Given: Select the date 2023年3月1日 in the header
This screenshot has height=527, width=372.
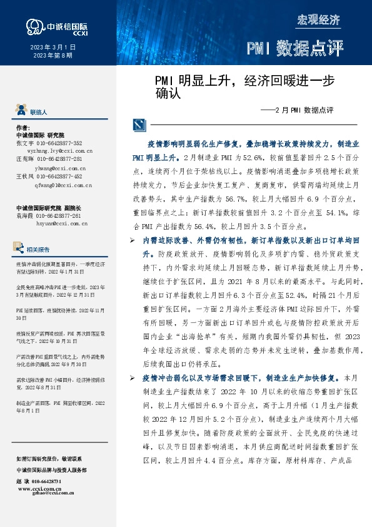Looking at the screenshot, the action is click(x=53, y=47).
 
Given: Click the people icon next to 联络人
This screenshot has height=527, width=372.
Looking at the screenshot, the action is click(x=22, y=111).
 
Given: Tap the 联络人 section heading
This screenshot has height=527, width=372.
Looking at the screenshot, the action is click(x=39, y=112).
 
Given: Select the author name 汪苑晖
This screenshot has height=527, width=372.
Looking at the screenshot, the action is click(x=23, y=160).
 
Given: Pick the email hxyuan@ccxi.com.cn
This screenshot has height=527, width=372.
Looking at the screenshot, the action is click(x=60, y=223).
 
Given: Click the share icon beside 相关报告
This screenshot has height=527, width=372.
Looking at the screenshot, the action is click(x=22, y=248).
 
